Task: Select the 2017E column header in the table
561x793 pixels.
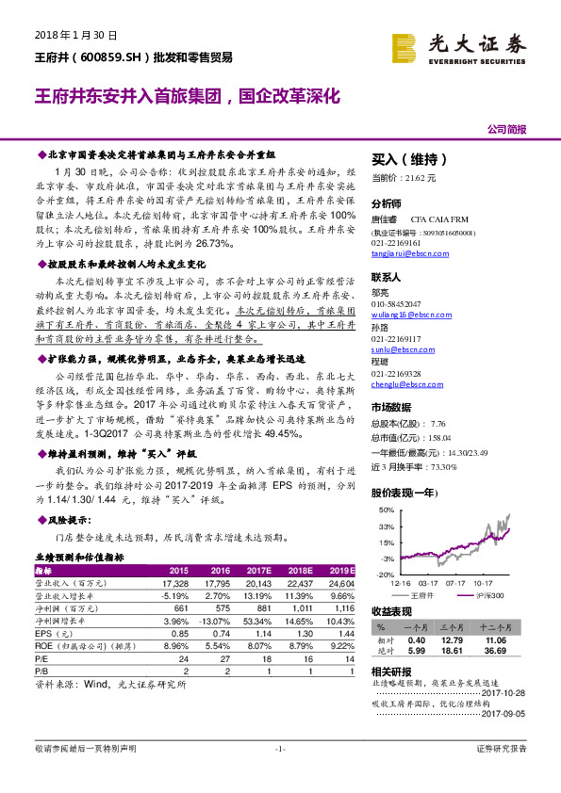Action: pos(256,571)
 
